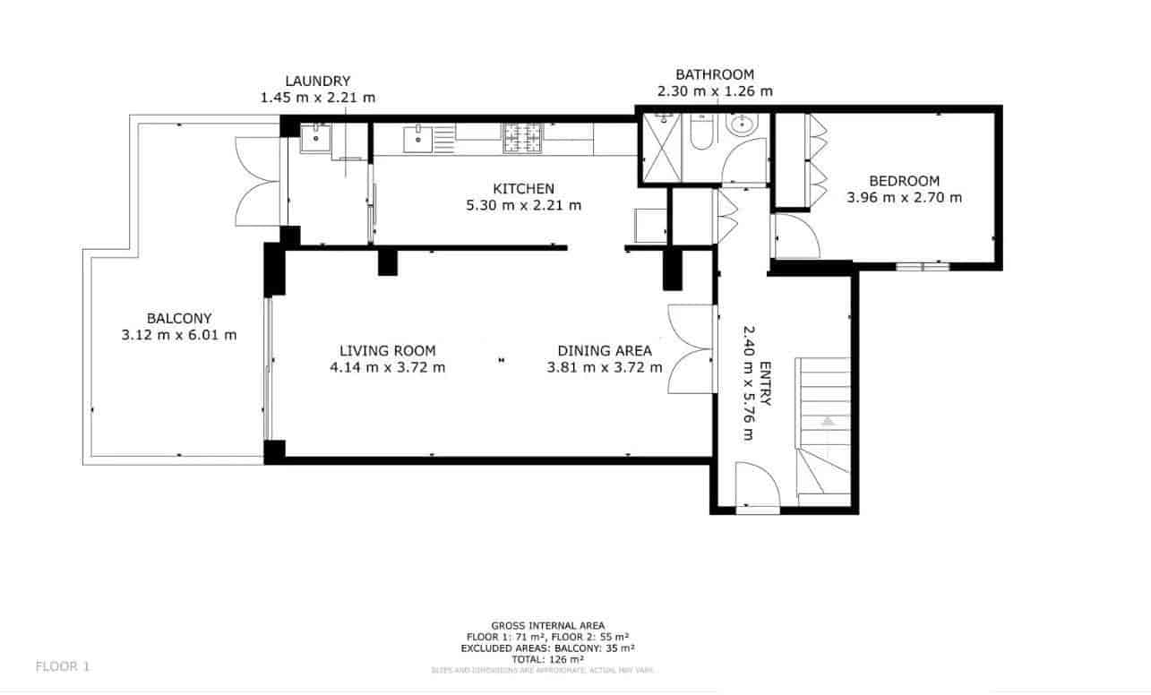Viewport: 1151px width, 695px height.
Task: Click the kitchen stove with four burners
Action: click(523, 140)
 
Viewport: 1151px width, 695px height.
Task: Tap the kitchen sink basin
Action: click(417, 140)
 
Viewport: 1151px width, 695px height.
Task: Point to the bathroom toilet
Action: click(701, 134)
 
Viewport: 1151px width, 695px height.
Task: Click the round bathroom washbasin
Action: click(743, 126)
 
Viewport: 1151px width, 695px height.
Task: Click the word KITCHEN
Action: click(524, 189)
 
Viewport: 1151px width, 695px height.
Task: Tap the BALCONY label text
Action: click(179, 318)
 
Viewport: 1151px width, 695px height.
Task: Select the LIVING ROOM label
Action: click(387, 351)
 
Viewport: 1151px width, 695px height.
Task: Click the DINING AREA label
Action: click(605, 351)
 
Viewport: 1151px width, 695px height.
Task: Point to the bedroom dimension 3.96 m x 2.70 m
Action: click(904, 197)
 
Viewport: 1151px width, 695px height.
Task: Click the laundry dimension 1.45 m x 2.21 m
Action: click(317, 98)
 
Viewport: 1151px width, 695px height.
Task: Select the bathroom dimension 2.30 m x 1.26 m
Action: click(715, 90)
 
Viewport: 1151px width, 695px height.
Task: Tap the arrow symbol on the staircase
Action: click(828, 418)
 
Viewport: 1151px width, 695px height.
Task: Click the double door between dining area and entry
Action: click(691, 349)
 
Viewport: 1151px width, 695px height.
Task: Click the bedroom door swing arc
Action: click(794, 237)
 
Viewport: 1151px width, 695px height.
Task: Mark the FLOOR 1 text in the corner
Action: click(63, 666)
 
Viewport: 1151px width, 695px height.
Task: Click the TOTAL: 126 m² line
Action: click(547, 658)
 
